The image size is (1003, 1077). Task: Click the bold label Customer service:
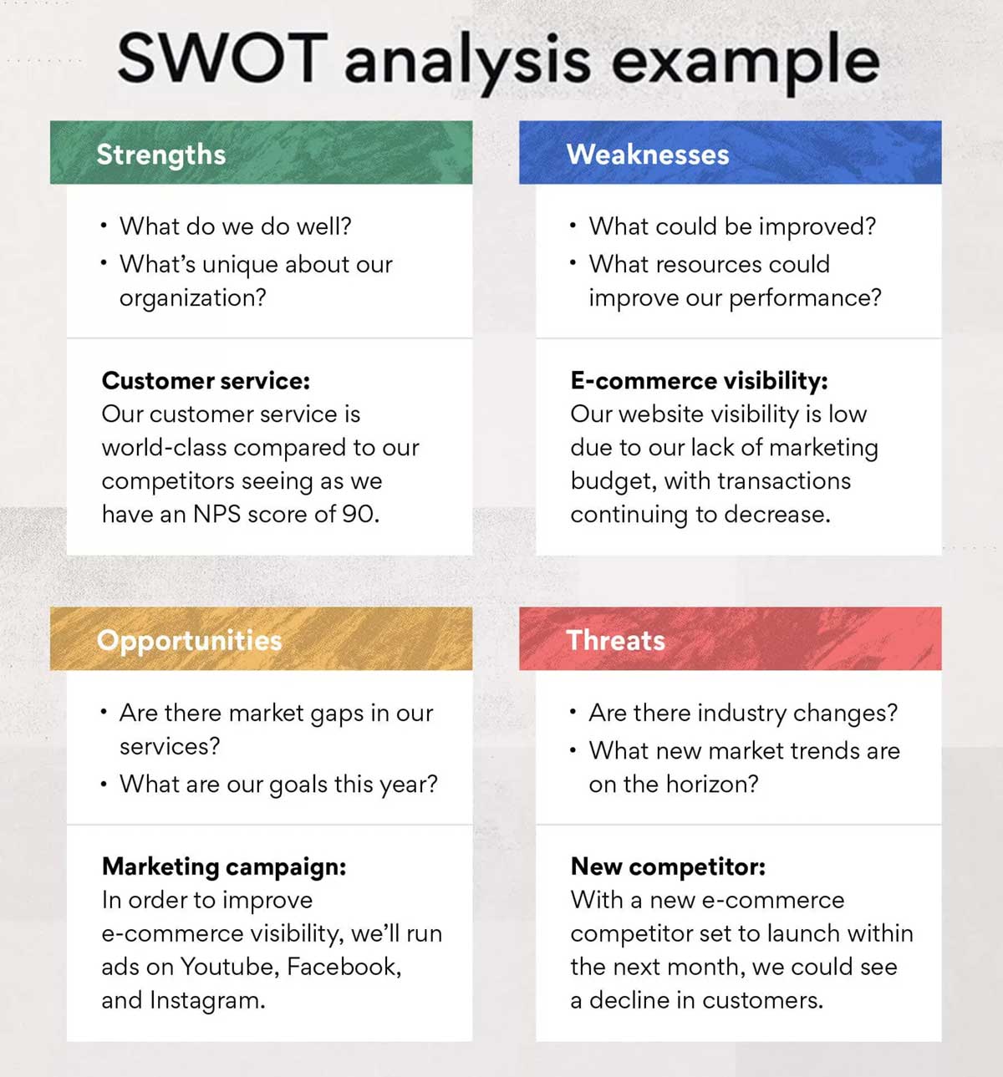tap(206, 381)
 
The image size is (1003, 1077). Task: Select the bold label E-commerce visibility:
tap(699, 381)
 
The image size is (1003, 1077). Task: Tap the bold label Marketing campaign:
tap(223, 866)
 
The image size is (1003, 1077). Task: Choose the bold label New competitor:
tap(668, 866)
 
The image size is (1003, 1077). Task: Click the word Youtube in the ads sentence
tap(229, 967)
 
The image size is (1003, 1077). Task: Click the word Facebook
tap(342, 967)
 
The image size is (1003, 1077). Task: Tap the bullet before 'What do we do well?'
tap(103, 226)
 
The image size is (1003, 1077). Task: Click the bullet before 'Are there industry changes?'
tap(573, 712)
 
